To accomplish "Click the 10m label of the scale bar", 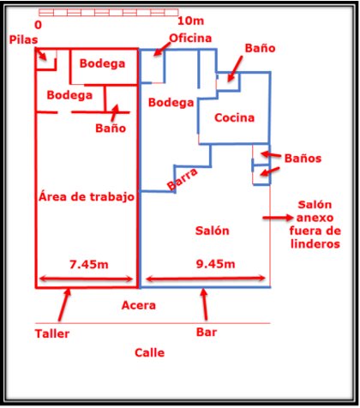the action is point(191,21).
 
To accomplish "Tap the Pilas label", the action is point(23,39).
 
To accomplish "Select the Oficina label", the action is point(190,38).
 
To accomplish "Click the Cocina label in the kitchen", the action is point(234,117).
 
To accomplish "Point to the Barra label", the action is point(183,179).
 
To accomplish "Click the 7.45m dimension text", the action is point(89,265).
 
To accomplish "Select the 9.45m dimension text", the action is point(215,264).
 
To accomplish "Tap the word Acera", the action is point(139,305).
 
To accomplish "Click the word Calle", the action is point(149,352).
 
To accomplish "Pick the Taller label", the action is point(52,333).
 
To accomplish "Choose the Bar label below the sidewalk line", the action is point(207,332).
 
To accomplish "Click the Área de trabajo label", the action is point(87,196).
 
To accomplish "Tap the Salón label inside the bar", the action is point(213,231).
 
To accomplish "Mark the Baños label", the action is point(303,159).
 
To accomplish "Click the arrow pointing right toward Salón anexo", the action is point(278,218).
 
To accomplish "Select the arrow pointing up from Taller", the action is point(64,304).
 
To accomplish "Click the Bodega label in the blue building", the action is point(171,103).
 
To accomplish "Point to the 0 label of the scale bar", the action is point(38,25).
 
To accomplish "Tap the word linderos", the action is point(315,244).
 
